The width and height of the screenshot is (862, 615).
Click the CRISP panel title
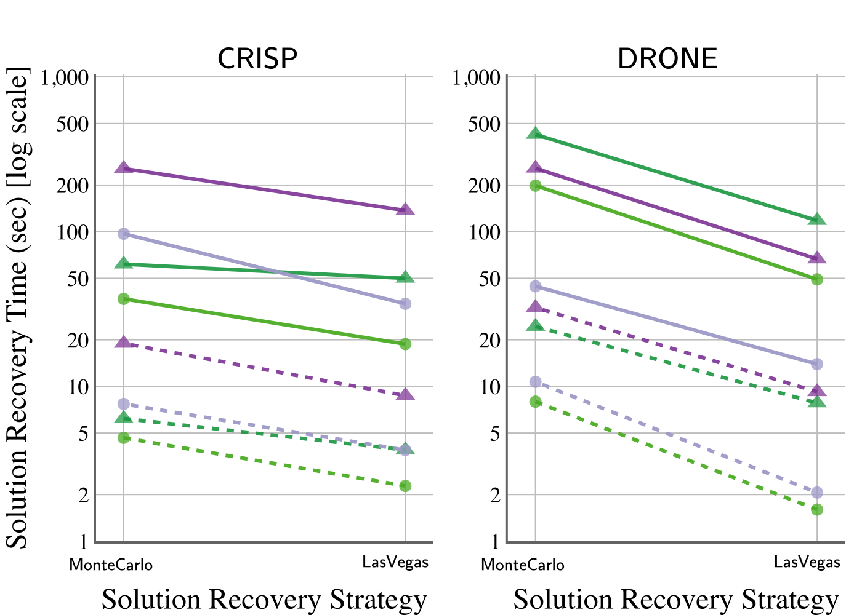(257, 58)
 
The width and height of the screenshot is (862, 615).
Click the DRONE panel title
(667, 58)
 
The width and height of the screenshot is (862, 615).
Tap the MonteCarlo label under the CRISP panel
(111, 565)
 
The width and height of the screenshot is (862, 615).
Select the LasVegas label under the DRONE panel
(807, 562)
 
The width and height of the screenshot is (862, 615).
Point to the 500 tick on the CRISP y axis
(73, 124)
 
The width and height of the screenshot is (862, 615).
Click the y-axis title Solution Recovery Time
(17, 307)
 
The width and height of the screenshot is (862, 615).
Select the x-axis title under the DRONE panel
(676, 600)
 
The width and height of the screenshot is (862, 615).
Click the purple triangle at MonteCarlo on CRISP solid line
(124, 168)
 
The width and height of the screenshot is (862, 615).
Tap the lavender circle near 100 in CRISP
(124, 234)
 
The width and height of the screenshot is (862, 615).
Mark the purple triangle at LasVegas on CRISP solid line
(405, 210)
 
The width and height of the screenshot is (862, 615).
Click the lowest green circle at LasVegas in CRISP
(405, 486)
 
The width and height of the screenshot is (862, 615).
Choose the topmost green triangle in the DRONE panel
(536, 133)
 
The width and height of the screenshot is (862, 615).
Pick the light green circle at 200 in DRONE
(536, 185)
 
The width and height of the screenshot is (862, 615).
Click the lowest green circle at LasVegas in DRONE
(817, 509)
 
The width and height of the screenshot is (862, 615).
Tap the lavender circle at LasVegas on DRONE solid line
(817, 364)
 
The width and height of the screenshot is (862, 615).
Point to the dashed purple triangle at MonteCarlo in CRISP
(124, 343)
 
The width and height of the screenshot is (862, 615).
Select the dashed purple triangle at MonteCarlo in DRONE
(536, 307)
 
